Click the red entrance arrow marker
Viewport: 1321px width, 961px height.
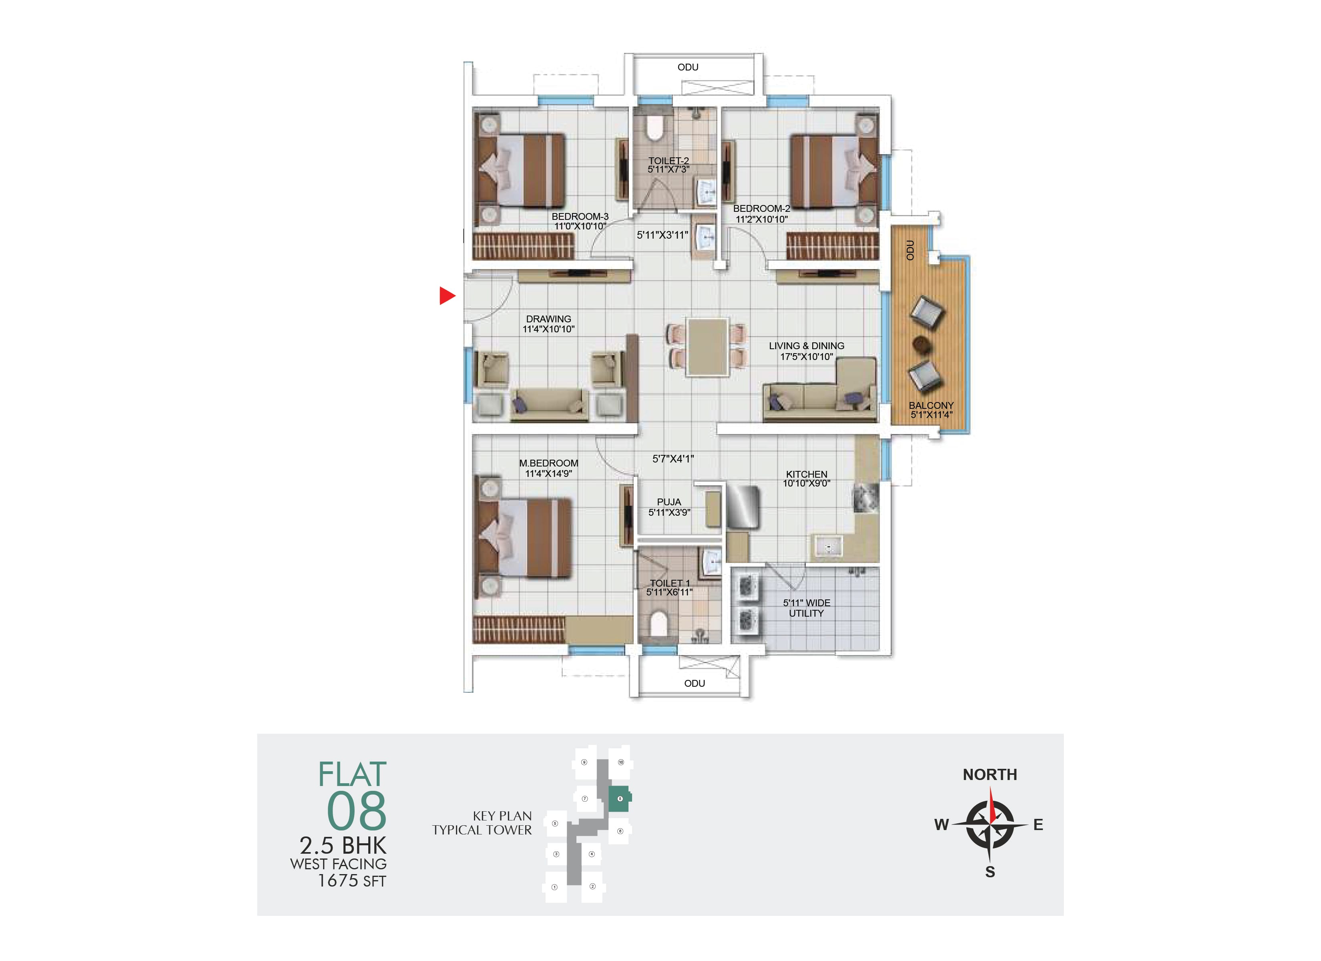446,296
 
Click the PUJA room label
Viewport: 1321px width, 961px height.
669,502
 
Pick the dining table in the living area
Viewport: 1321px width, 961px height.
707,347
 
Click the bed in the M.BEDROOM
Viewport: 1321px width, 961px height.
523,537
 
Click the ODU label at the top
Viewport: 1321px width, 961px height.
687,67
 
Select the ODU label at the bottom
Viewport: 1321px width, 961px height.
694,683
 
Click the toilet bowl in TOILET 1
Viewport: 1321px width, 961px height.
658,623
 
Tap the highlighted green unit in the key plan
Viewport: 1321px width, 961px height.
619,798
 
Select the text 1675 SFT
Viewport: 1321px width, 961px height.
352,881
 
